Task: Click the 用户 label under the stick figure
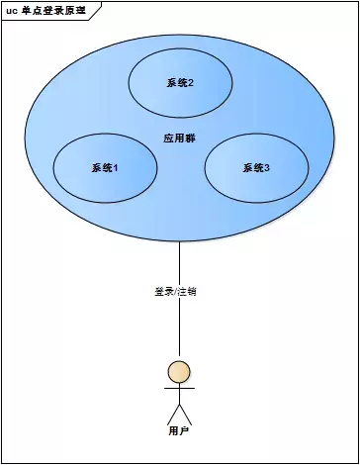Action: [x=179, y=431]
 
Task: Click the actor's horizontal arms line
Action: [x=179, y=389]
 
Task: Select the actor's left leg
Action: [x=172, y=414]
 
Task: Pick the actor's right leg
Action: [x=186, y=414]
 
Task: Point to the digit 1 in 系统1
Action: [x=116, y=167]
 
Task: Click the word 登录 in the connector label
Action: [x=163, y=292]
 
